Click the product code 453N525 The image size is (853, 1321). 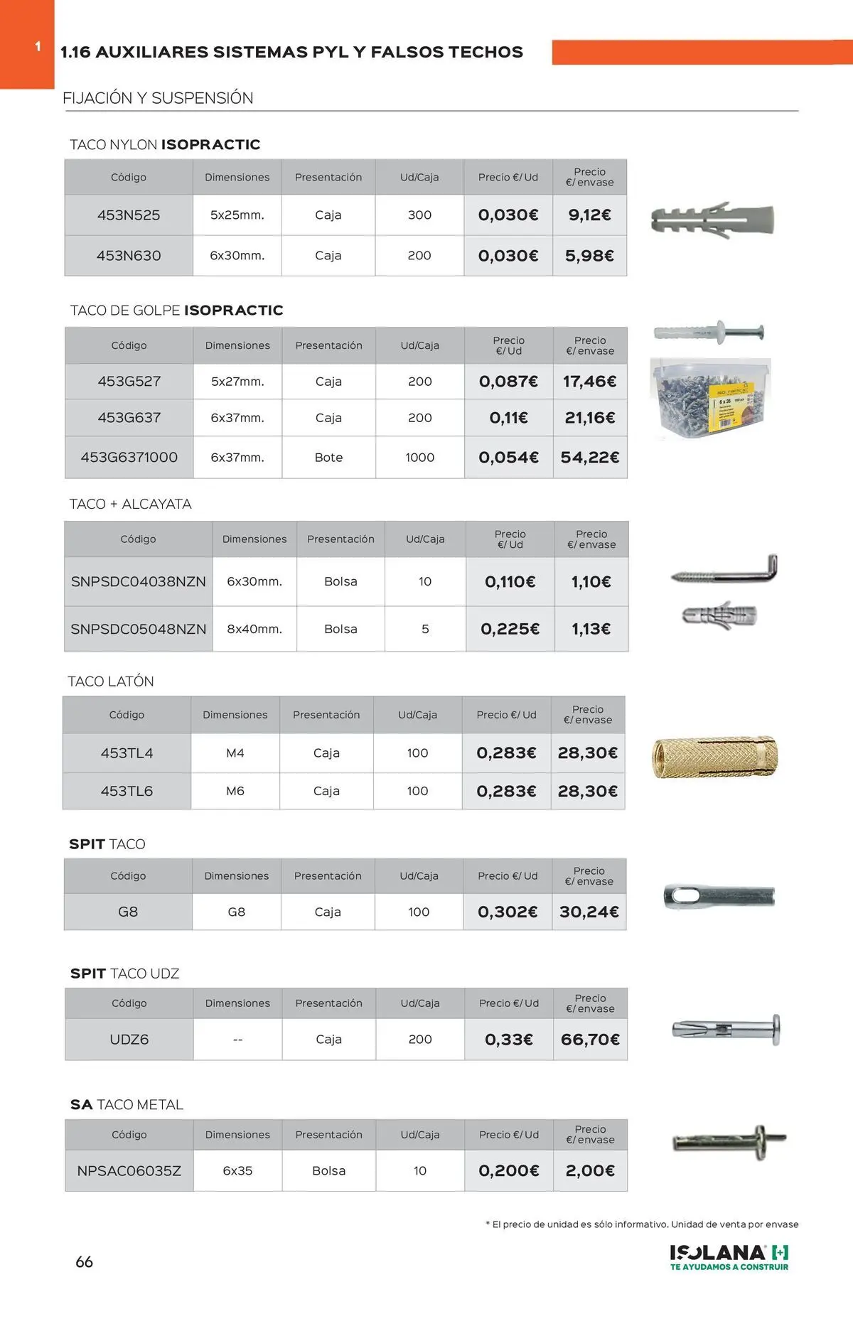click(x=129, y=215)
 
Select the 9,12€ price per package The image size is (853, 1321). click(x=589, y=215)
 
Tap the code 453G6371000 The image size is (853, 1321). click(x=129, y=458)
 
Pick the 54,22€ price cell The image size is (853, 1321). click(x=589, y=458)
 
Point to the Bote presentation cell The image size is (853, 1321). click(x=328, y=458)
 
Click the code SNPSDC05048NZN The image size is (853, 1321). click(x=139, y=629)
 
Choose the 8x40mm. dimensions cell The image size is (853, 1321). click(x=254, y=629)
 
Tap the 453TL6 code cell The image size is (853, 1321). click(x=127, y=791)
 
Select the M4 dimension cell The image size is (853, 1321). click(x=235, y=753)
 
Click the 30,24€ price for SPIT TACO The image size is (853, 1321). click(x=589, y=912)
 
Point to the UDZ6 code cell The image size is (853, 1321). click(x=129, y=1040)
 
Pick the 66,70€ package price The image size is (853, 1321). click(x=590, y=1040)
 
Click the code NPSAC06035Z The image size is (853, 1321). click(x=129, y=1170)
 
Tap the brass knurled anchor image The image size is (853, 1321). click(x=714, y=757)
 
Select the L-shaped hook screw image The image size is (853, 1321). click(x=725, y=571)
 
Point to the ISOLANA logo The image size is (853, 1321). click(x=729, y=1257)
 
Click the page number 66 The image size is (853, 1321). click(x=84, y=1262)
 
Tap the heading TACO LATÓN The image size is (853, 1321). click(x=111, y=681)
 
